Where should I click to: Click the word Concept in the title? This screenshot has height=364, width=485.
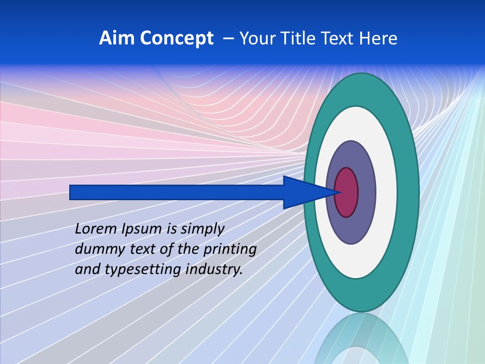coord(177,38)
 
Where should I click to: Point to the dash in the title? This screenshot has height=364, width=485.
coord(228,38)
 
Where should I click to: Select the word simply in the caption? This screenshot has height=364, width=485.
coord(202,229)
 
